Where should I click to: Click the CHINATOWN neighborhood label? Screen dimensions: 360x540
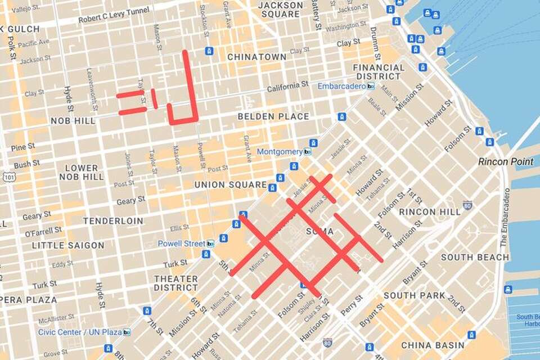click(256, 57)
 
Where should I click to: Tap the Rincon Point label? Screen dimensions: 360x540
click(506, 161)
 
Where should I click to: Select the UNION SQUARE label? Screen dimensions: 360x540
click(230, 184)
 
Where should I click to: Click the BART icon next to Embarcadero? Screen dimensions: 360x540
click(370, 86)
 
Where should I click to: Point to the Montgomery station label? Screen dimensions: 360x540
click(280, 152)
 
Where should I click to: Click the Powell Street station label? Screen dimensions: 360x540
click(181, 244)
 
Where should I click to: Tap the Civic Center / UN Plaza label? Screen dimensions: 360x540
click(80, 332)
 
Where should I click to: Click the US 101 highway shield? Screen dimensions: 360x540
click(7, 176)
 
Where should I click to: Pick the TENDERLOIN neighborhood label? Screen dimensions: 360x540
click(113, 221)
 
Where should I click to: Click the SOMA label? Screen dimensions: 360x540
click(319, 231)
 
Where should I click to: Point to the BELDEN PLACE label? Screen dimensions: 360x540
click(273, 116)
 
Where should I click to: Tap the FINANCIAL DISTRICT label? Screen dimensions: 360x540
click(379, 71)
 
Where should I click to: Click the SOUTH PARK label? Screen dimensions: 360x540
click(414, 295)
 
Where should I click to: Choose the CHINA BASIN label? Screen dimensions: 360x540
click(433, 345)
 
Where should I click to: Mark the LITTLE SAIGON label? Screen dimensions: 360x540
click(68, 245)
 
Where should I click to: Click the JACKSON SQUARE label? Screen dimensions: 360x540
click(280, 9)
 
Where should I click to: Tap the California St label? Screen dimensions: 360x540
click(287, 87)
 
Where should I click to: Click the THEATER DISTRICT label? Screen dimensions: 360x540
click(175, 283)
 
